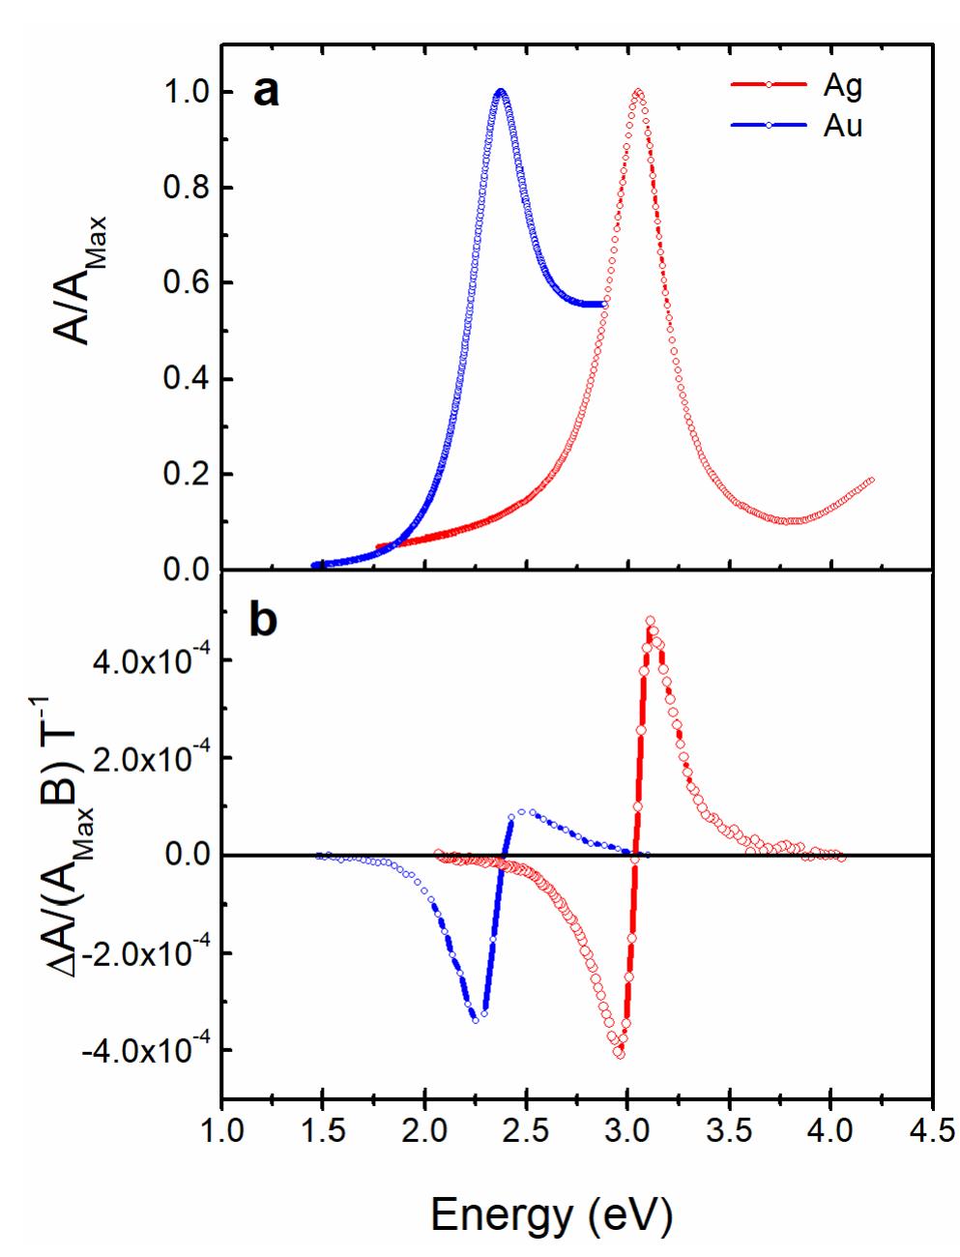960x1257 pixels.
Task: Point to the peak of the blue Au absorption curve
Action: click(501, 92)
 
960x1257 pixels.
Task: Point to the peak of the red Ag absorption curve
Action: click(638, 93)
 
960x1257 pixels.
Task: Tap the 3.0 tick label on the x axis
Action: click(627, 1129)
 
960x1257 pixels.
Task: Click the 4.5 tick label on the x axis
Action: click(931, 1129)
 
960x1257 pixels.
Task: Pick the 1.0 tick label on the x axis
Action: click(222, 1129)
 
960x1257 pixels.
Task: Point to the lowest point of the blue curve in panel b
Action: click(475, 1019)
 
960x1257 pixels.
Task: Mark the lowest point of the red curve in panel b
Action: click(619, 1054)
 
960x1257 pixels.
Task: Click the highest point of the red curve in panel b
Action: click(650, 622)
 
